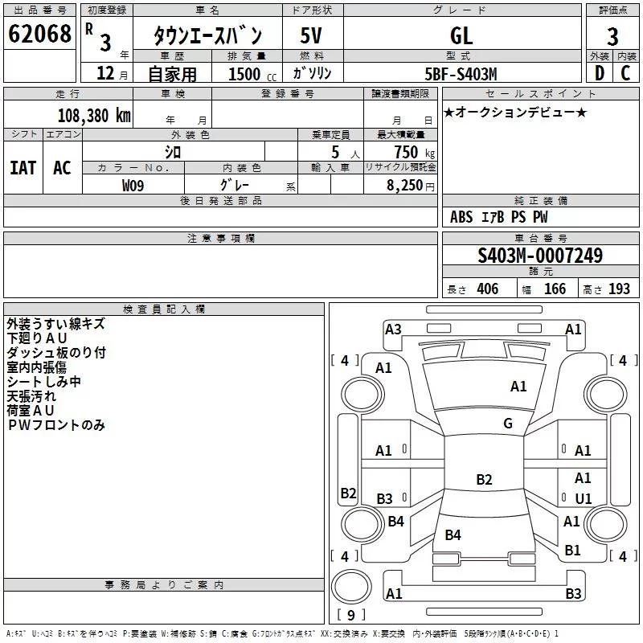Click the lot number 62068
39,34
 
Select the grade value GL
461,35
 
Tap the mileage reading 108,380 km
94,116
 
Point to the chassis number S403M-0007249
540,255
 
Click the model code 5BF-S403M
461,74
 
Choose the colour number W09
133,186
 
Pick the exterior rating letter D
600,73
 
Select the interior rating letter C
625,73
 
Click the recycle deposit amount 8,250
404,186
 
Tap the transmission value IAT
23,168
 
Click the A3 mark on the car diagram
393,330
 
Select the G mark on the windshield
508,423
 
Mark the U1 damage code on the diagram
584,498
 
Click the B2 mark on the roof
484,479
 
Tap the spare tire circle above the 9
351,587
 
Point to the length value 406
488,289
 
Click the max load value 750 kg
414,153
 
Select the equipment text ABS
461,217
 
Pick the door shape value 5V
311,35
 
